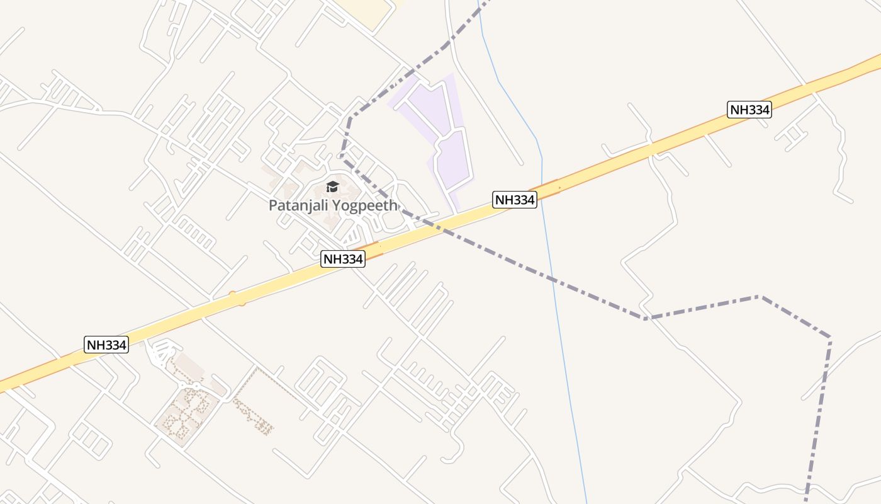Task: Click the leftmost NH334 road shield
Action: [106, 345]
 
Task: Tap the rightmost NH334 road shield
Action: [749, 110]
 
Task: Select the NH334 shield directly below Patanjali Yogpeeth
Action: [343, 258]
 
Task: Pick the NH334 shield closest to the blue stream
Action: [515, 200]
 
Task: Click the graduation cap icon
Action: [332, 186]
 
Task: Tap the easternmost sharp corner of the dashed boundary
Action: [830, 338]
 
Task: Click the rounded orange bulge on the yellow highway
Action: [237, 298]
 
